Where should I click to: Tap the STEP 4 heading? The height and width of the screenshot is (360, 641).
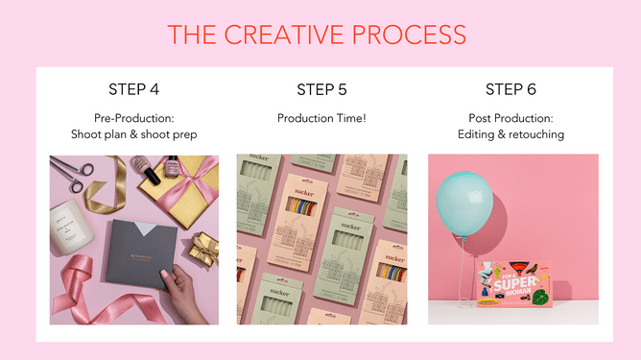(x=134, y=90)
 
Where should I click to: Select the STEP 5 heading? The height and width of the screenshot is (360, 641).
(x=322, y=90)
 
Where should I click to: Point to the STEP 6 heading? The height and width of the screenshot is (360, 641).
(x=510, y=90)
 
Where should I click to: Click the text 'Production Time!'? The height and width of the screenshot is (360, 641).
(x=322, y=118)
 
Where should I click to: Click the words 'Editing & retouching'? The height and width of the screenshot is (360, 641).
(x=511, y=134)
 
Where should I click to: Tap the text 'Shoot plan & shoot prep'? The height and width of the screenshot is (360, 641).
(x=134, y=134)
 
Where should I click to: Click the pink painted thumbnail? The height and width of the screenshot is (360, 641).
(x=164, y=276)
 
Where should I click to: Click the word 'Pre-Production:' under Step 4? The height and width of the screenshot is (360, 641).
(x=134, y=118)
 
